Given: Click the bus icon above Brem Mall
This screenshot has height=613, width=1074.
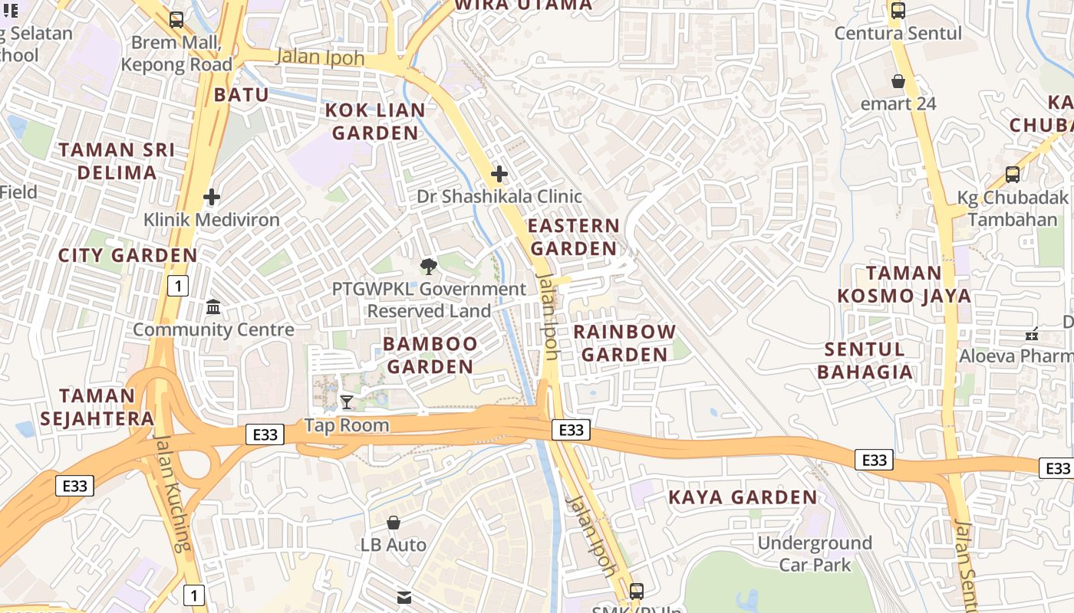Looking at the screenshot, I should click(176, 20).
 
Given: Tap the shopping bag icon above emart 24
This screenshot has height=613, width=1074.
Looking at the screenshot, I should click(898, 80).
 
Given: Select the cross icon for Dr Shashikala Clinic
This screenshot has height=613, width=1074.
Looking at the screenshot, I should click(499, 174).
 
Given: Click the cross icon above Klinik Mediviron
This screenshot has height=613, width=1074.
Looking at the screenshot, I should click(212, 197).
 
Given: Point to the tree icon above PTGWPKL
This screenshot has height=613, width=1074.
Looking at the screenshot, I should click(429, 267).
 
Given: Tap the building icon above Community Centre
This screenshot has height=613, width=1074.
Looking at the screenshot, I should click(213, 307).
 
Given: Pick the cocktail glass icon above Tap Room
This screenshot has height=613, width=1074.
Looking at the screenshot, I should click(347, 402).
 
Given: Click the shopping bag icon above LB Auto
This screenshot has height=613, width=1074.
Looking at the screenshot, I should click(394, 523).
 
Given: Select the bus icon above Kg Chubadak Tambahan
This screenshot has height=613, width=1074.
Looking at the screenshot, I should click(1013, 175).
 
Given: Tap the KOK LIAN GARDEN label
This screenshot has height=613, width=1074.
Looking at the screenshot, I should click(375, 121).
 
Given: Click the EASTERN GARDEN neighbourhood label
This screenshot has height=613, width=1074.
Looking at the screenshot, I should click(574, 237).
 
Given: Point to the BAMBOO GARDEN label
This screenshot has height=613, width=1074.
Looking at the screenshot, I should click(430, 355).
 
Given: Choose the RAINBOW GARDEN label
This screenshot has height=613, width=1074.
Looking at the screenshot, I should click(624, 343).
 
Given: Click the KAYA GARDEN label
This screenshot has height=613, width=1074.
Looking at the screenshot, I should click(743, 497).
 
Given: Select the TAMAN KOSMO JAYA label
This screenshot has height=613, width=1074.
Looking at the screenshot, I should click(904, 284).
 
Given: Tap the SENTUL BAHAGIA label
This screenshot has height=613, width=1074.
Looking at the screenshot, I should click(865, 361).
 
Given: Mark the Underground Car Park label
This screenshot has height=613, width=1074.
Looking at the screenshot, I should click(815, 554).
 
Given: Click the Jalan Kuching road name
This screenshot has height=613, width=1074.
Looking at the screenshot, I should click(172, 493).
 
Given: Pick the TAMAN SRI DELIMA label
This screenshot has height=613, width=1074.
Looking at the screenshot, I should click(117, 161).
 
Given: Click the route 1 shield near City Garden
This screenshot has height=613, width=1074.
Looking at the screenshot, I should click(178, 287).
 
